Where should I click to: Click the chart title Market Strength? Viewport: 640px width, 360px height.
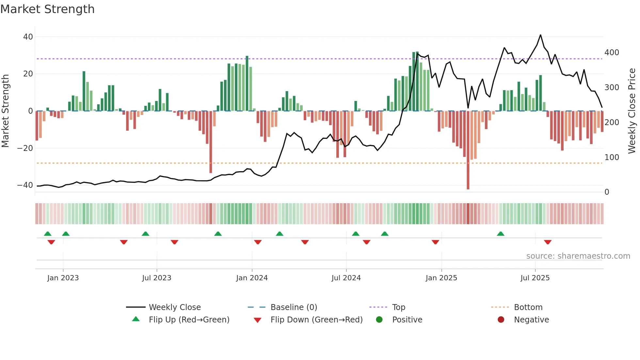tap(47, 9)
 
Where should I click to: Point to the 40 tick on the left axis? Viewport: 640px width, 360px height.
tap(28, 37)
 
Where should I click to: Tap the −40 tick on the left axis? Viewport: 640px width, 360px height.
tap(25, 185)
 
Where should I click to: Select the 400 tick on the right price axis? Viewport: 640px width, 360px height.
tap(612, 53)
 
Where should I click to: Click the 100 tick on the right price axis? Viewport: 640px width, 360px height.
tap(612, 157)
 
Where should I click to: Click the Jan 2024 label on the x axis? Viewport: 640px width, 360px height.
tap(252, 278)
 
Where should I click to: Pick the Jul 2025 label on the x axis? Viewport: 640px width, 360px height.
tap(535, 278)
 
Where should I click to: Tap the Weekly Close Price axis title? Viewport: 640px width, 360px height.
tap(632, 111)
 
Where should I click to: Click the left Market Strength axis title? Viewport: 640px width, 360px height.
tap(6, 111)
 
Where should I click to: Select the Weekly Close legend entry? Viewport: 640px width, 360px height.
tap(175, 307)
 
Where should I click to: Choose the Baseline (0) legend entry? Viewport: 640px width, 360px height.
tap(294, 307)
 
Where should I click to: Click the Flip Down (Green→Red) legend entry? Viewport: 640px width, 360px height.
tap(316, 320)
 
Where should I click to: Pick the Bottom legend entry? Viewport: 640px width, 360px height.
tap(528, 307)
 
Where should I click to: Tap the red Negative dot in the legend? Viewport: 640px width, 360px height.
tap(501, 320)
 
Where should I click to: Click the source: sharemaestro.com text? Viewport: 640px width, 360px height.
tap(578, 256)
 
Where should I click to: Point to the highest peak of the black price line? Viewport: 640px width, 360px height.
tap(540, 35)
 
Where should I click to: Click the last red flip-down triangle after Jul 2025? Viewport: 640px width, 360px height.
tap(548, 242)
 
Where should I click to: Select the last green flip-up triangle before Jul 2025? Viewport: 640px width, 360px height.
tap(501, 234)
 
